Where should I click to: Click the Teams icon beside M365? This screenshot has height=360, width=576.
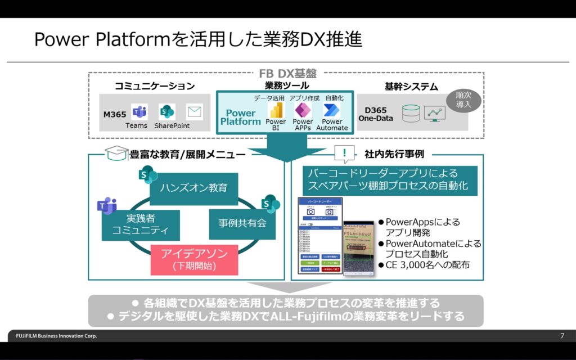pyautogui.click(x=138, y=111)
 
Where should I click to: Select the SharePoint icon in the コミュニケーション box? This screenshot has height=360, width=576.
pyautogui.click(x=167, y=111)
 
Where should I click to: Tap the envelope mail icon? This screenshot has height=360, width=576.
pyautogui.click(x=195, y=112)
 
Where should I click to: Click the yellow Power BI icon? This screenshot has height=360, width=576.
pyautogui.click(x=276, y=110)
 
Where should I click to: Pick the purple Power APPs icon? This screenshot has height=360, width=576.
pyautogui.click(x=303, y=110)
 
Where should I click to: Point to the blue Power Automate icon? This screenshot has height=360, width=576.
pyautogui.click(x=331, y=110)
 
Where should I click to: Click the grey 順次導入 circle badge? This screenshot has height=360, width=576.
pyautogui.click(x=462, y=100)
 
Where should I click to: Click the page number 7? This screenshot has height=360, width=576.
pyautogui.click(x=562, y=336)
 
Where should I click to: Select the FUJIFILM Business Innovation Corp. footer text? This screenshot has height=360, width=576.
pyautogui.click(x=53, y=336)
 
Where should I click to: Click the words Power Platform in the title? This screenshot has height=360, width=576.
pyautogui.click(x=102, y=39)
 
